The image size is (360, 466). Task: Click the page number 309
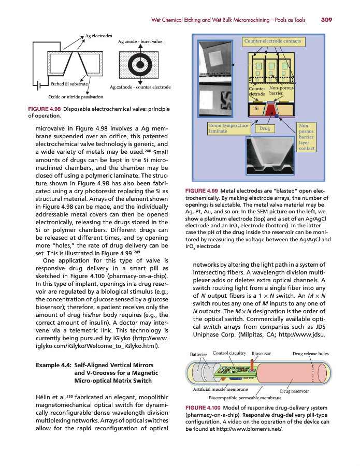pos(326,20)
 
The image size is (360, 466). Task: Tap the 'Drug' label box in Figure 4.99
pos(265,127)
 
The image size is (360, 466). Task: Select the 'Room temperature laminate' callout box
pos(227,128)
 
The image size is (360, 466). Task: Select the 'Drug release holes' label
pos(311,354)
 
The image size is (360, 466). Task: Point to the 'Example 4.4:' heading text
pos(53,365)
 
